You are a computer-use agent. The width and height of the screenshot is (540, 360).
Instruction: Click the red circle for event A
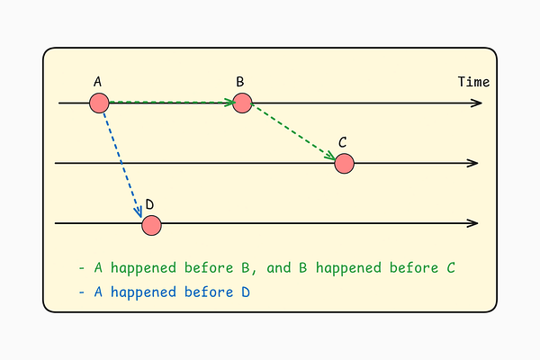tap(99, 103)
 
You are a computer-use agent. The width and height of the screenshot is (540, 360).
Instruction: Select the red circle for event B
tap(241, 103)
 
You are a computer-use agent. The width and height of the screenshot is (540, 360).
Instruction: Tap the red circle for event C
tap(344, 163)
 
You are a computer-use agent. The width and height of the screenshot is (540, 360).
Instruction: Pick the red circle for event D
tap(151, 224)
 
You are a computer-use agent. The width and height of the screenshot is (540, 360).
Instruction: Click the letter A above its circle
tap(97, 83)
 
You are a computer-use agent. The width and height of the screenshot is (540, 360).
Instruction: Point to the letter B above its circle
tap(240, 83)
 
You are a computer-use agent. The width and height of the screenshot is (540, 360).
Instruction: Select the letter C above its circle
tap(343, 142)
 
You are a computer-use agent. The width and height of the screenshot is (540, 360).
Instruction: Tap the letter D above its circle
tap(149, 203)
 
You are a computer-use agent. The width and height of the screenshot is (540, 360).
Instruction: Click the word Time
tap(473, 82)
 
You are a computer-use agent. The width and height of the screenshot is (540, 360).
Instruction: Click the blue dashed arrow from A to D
tap(121, 160)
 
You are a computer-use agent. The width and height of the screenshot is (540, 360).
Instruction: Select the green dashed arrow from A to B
tap(171, 103)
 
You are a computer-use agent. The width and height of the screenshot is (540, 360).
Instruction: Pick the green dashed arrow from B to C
tap(292, 133)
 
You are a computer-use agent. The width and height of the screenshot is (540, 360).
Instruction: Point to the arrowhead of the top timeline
tap(477, 103)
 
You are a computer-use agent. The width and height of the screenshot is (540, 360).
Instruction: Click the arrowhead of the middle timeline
tap(473, 163)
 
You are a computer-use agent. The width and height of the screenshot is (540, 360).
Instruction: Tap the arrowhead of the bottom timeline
tap(473, 223)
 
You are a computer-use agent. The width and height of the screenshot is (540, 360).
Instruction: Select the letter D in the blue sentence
tap(244, 292)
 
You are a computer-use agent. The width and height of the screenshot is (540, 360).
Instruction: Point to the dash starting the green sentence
tap(81, 268)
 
